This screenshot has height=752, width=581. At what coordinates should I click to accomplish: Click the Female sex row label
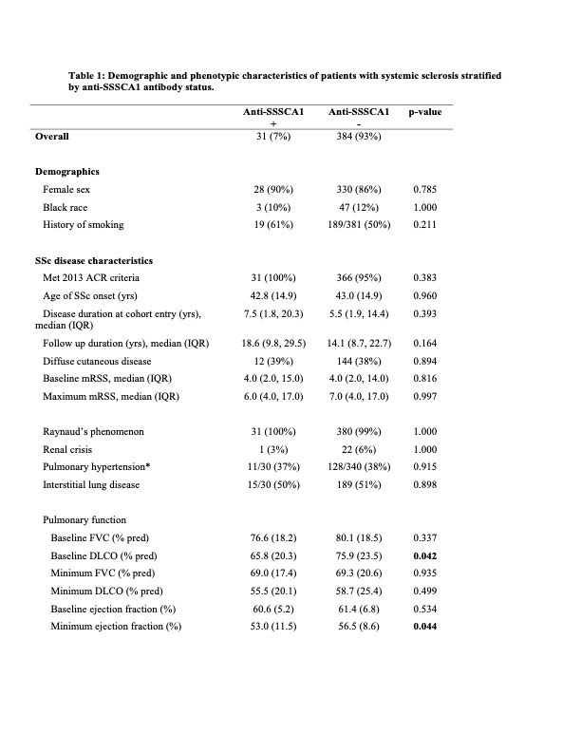point(67,190)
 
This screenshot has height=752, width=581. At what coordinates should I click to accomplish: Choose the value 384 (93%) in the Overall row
point(359,138)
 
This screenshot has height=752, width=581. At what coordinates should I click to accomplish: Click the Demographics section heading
point(67,172)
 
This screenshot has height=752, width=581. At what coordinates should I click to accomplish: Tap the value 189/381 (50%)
point(359,225)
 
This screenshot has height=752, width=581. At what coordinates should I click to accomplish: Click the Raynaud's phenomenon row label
point(93,432)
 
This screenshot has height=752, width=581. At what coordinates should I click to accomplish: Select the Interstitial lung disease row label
point(91,485)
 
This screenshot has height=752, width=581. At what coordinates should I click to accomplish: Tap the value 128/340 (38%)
point(359,467)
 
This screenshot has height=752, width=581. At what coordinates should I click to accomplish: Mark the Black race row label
point(66,207)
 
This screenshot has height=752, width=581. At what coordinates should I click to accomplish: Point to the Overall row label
point(51,138)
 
